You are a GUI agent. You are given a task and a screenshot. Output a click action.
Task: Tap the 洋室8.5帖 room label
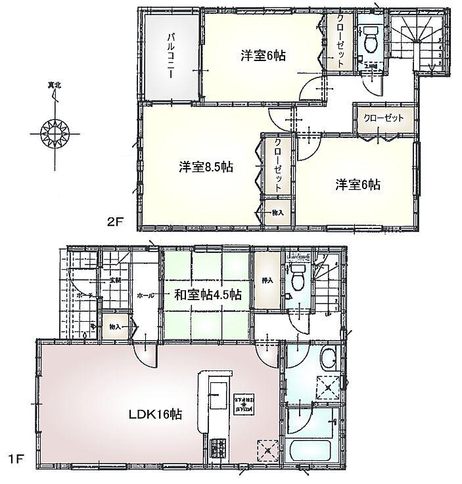[x=206, y=167]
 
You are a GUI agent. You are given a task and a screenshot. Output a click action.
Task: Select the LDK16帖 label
[x=155, y=414]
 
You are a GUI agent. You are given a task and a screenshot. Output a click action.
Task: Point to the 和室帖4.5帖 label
[x=207, y=295]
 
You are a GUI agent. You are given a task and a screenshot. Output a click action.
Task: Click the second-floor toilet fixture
[x=370, y=39]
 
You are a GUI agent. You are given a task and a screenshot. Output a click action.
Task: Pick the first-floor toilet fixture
[x=298, y=278]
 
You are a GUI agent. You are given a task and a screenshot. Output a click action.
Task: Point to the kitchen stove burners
[x=217, y=452]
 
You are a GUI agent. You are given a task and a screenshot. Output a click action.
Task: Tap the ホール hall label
[x=145, y=296]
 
